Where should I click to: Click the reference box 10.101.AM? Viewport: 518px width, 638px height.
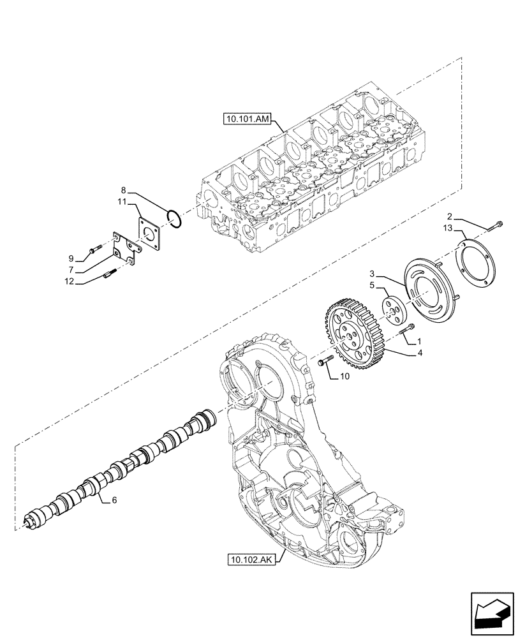pyautogui.click(x=248, y=118)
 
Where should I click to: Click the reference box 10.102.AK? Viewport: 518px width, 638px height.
pyautogui.click(x=249, y=560)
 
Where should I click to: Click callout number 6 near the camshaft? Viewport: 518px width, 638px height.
pyautogui.click(x=114, y=501)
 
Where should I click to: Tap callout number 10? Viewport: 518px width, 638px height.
pyautogui.click(x=344, y=376)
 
